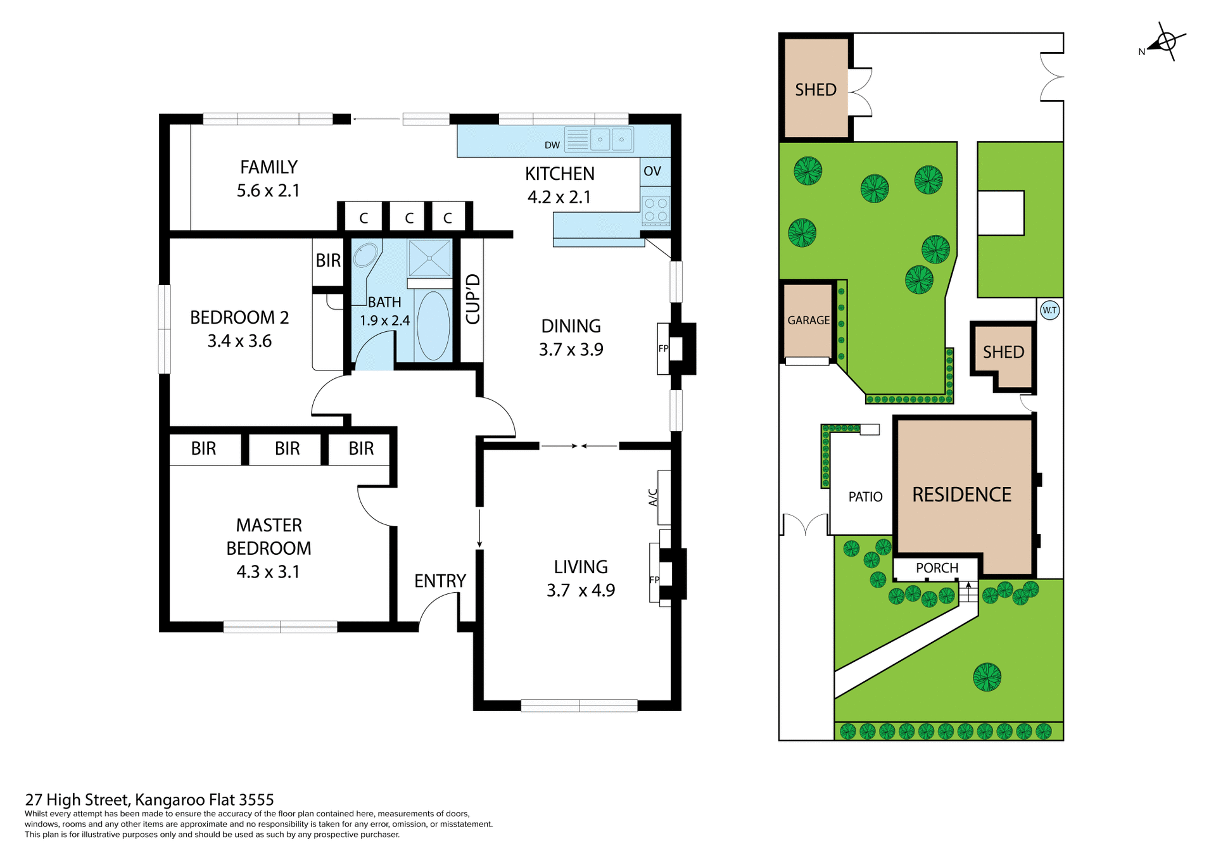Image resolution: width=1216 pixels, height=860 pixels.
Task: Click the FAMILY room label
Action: click(x=269, y=167)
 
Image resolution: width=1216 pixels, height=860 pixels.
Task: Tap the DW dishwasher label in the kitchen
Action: click(x=552, y=145)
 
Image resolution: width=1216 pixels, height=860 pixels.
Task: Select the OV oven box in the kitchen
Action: click(x=653, y=171)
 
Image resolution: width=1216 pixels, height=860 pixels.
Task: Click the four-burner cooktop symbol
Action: click(x=655, y=210)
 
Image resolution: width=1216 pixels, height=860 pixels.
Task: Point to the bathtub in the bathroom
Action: click(x=434, y=326)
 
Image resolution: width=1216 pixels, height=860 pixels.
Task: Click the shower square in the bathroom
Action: click(x=429, y=258)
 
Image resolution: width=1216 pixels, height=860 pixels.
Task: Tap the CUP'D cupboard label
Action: click(x=472, y=299)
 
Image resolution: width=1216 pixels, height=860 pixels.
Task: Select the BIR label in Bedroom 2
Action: click(x=328, y=260)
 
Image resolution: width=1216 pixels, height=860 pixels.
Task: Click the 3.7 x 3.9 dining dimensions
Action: click(x=571, y=350)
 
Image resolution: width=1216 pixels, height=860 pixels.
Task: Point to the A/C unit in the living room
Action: click(x=664, y=497)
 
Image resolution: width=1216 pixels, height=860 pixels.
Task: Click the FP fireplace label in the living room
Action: click(x=654, y=579)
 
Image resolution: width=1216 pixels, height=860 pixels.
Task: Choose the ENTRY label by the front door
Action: click(x=440, y=581)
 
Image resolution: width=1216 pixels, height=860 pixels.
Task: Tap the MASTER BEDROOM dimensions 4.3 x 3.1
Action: click(x=268, y=572)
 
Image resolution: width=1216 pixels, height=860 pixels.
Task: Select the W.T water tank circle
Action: click(x=1049, y=310)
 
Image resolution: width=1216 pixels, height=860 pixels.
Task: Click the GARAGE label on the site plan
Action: click(x=808, y=320)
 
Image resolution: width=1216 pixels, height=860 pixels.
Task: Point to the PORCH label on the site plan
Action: click(x=937, y=568)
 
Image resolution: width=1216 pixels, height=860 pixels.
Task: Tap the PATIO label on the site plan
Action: click(x=865, y=497)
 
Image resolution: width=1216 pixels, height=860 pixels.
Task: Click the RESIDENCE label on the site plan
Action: click(x=961, y=495)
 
